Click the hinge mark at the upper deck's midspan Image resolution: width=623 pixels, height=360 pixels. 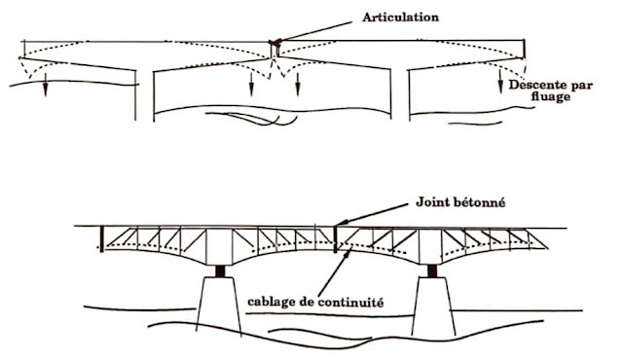point(275,45)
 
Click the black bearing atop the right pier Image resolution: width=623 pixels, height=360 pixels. point(425,270)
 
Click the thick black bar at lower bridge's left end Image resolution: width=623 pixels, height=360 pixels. point(100,237)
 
